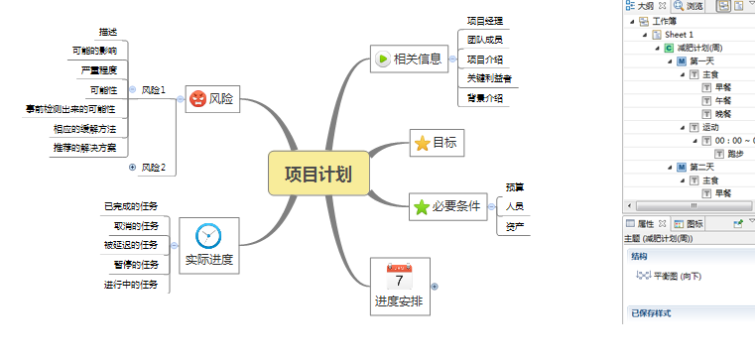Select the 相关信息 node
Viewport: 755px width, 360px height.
coord(417,59)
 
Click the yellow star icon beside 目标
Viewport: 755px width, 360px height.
coord(422,143)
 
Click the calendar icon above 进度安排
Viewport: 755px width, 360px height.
coord(399,277)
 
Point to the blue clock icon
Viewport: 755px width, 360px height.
coord(208,235)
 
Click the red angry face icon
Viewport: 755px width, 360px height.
coord(197,99)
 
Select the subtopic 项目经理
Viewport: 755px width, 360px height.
coord(484,21)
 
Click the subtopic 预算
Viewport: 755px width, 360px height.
coord(515,186)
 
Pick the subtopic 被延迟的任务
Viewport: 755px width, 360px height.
coord(131,244)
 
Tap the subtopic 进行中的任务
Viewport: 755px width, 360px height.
coord(131,285)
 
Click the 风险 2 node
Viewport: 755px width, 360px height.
coord(153,167)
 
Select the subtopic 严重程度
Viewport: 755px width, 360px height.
coord(98,70)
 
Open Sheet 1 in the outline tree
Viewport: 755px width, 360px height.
coord(679,34)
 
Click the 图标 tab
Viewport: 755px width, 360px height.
coord(694,224)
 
